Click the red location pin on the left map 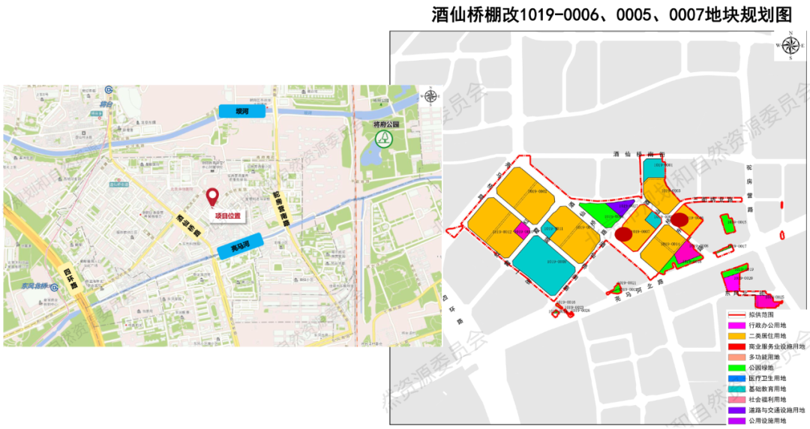213,197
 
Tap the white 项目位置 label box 229,216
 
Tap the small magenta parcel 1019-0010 523,233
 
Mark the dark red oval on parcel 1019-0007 623,234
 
